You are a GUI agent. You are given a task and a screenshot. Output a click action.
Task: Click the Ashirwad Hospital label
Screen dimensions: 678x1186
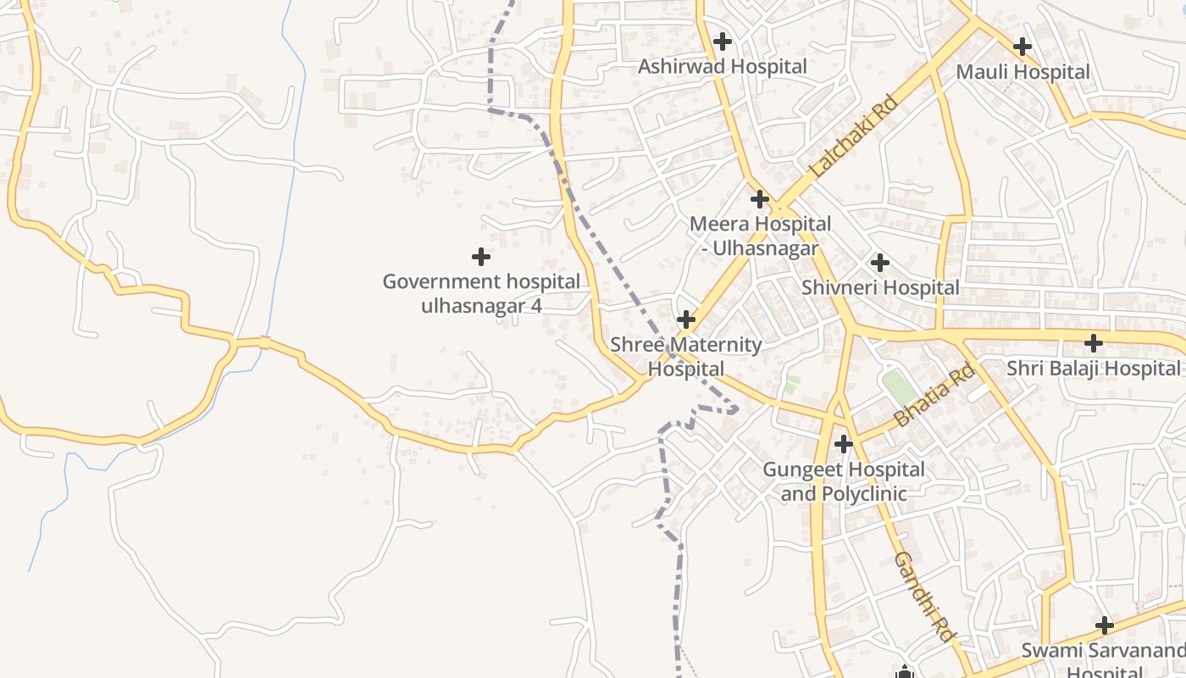click(722, 66)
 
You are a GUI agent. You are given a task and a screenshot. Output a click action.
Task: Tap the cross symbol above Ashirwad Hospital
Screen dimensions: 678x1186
click(723, 41)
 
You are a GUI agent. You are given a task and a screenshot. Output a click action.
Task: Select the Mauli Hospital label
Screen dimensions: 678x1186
click(1023, 72)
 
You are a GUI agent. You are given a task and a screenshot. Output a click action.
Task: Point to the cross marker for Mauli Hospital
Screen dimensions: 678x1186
click(1023, 46)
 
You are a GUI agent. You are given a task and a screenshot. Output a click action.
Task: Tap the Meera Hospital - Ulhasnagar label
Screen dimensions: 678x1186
click(760, 236)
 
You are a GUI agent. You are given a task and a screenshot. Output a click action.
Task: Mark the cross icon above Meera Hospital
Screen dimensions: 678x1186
click(760, 199)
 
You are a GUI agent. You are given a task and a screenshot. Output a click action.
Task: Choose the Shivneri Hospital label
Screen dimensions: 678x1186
click(880, 288)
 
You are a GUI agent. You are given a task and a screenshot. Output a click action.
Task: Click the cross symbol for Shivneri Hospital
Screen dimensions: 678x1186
click(880, 263)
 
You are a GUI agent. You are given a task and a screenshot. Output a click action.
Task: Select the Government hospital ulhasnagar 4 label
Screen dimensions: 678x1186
click(481, 293)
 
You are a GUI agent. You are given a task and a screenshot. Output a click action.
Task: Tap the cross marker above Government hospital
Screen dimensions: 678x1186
click(481, 256)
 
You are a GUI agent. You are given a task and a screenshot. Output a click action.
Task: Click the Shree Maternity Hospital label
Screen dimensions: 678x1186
click(686, 357)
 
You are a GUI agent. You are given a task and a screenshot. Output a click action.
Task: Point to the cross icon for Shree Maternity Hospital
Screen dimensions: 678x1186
click(686, 320)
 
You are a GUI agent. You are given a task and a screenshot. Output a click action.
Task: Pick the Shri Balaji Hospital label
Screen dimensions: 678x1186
click(1093, 369)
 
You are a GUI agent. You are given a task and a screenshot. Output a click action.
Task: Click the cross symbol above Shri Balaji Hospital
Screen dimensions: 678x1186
click(1094, 343)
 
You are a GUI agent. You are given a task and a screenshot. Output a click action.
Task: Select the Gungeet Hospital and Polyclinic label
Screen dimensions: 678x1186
click(843, 481)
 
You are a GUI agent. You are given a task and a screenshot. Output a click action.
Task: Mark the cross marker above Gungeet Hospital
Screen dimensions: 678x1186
click(843, 443)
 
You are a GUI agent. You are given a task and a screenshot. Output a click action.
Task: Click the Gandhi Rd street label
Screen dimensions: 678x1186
click(924, 596)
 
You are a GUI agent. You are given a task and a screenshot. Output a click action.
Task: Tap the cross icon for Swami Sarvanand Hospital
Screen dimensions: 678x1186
click(1104, 625)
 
